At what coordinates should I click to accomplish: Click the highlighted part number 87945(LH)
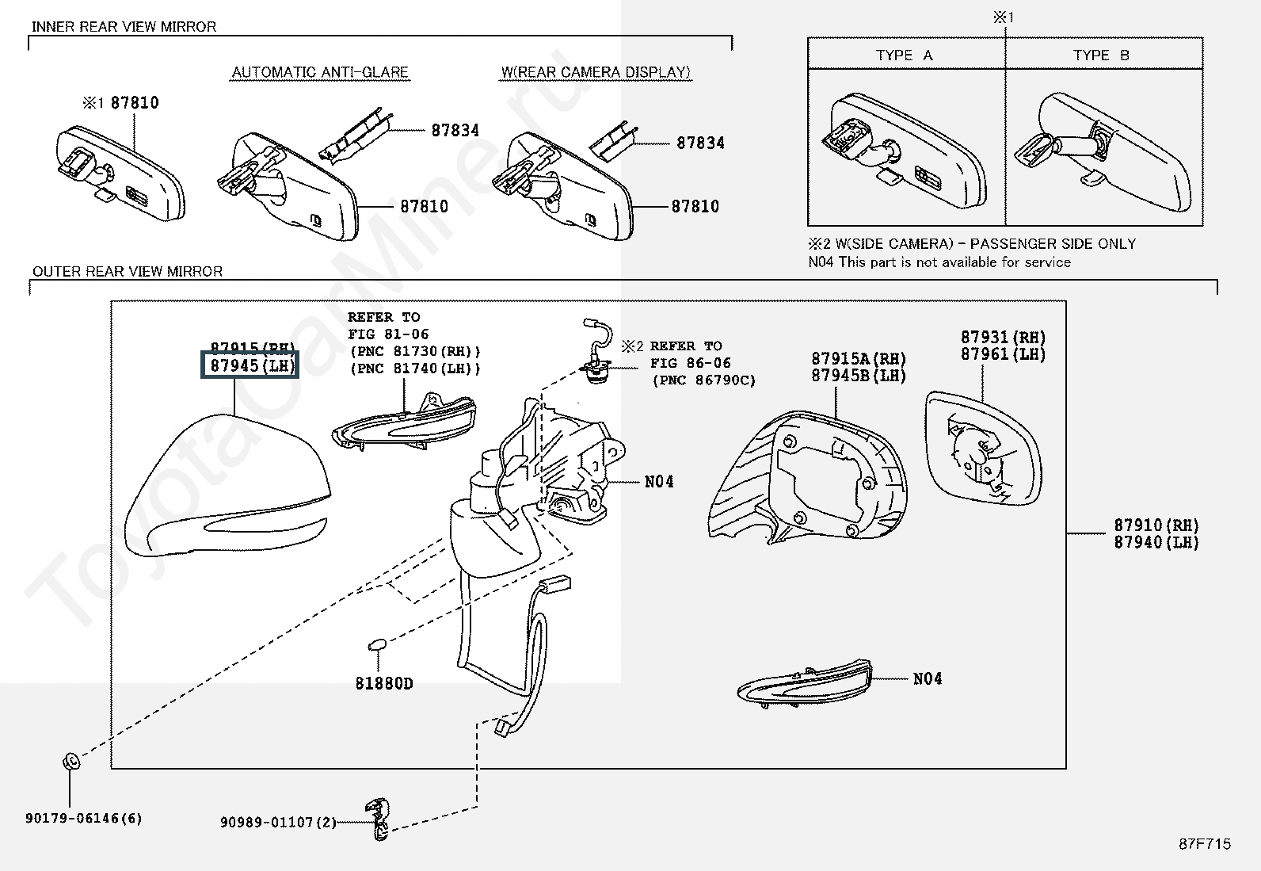click(x=250, y=366)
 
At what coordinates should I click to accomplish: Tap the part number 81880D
click(x=384, y=683)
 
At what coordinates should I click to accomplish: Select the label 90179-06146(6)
click(x=84, y=818)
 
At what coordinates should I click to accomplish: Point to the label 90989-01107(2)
click(x=279, y=823)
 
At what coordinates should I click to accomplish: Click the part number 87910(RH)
click(x=1156, y=525)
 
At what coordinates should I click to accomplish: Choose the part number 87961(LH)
click(x=1003, y=354)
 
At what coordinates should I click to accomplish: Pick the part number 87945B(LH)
click(x=859, y=376)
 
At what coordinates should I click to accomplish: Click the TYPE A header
click(x=904, y=55)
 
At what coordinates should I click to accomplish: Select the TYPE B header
click(x=1101, y=55)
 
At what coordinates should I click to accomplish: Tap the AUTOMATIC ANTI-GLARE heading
click(x=320, y=72)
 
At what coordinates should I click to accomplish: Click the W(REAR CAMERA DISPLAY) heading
click(x=596, y=72)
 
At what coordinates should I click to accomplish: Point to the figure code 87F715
click(x=1205, y=844)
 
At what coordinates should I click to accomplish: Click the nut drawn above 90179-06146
click(x=70, y=762)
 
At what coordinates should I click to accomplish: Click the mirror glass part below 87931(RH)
click(x=982, y=448)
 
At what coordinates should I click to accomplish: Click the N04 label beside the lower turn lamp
click(x=928, y=678)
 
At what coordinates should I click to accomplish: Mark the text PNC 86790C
click(x=704, y=380)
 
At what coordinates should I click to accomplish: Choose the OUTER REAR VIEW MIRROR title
click(x=127, y=271)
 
